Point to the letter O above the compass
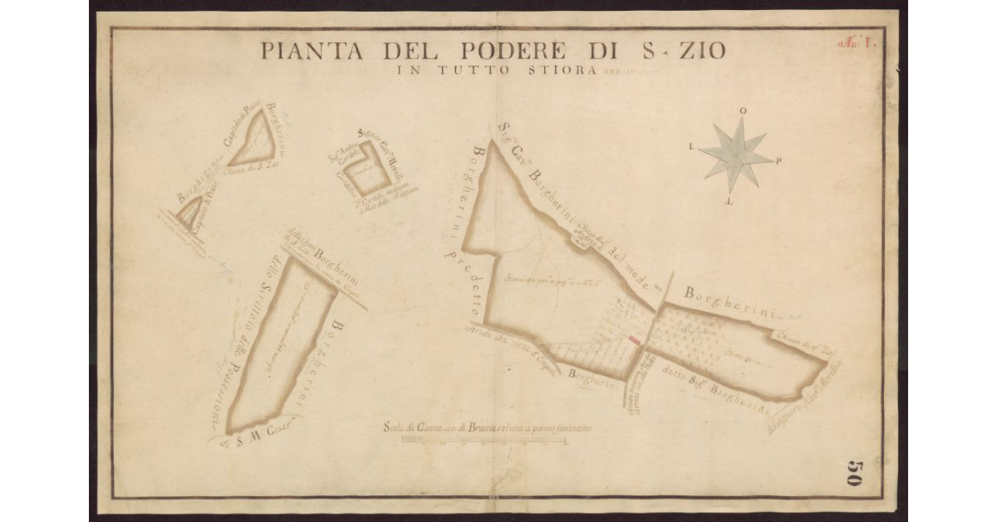(742, 111)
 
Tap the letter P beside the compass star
(778, 161)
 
